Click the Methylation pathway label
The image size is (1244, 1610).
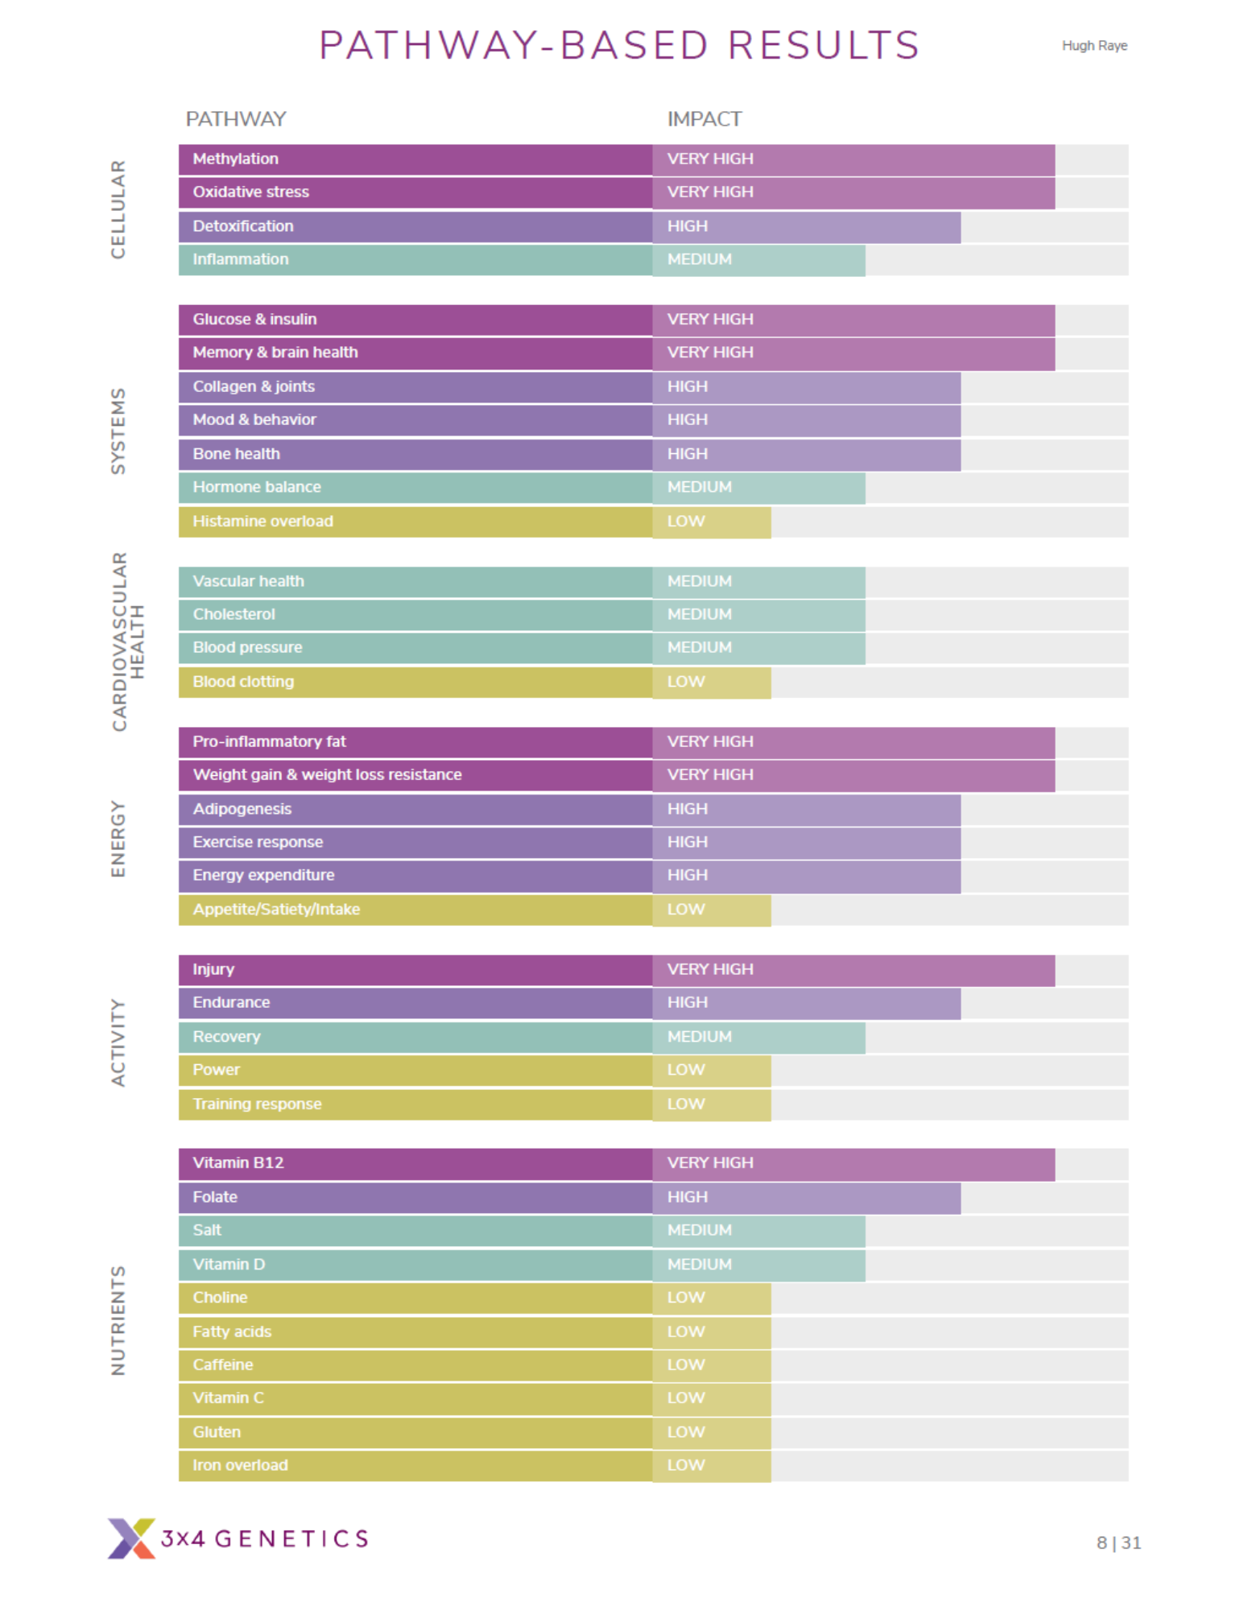pyautogui.click(x=235, y=159)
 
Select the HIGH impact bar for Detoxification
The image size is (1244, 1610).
pyautogui.click(x=806, y=226)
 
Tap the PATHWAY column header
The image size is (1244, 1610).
pyautogui.click(x=236, y=119)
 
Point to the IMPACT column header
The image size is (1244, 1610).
pyautogui.click(x=705, y=119)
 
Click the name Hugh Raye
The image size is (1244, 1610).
pyautogui.click(x=1094, y=46)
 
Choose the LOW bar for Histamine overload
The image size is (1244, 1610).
pyautogui.click(x=712, y=522)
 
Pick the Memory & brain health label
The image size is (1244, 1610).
pyautogui.click(x=275, y=353)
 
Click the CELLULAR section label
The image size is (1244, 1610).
pyautogui.click(x=118, y=209)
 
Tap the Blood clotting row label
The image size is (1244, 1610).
pyautogui.click(x=243, y=682)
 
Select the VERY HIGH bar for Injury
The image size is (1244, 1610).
pyautogui.click(x=853, y=970)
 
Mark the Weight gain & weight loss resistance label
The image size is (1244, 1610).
pyautogui.click(x=327, y=774)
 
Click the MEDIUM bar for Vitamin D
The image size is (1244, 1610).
pyautogui.click(x=758, y=1265)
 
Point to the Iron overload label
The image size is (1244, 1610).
pyautogui.click(x=240, y=1465)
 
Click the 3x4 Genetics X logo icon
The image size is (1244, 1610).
pyautogui.click(x=131, y=1538)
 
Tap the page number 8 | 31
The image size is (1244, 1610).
pyautogui.click(x=1118, y=1542)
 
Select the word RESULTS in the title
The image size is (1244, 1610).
pyautogui.click(x=824, y=45)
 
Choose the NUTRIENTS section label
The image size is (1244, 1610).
pyautogui.click(x=118, y=1320)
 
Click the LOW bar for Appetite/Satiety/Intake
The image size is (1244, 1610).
pyautogui.click(x=712, y=910)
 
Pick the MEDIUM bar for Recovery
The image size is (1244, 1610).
pyautogui.click(x=758, y=1038)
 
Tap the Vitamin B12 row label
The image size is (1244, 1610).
pyautogui.click(x=238, y=1163)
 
